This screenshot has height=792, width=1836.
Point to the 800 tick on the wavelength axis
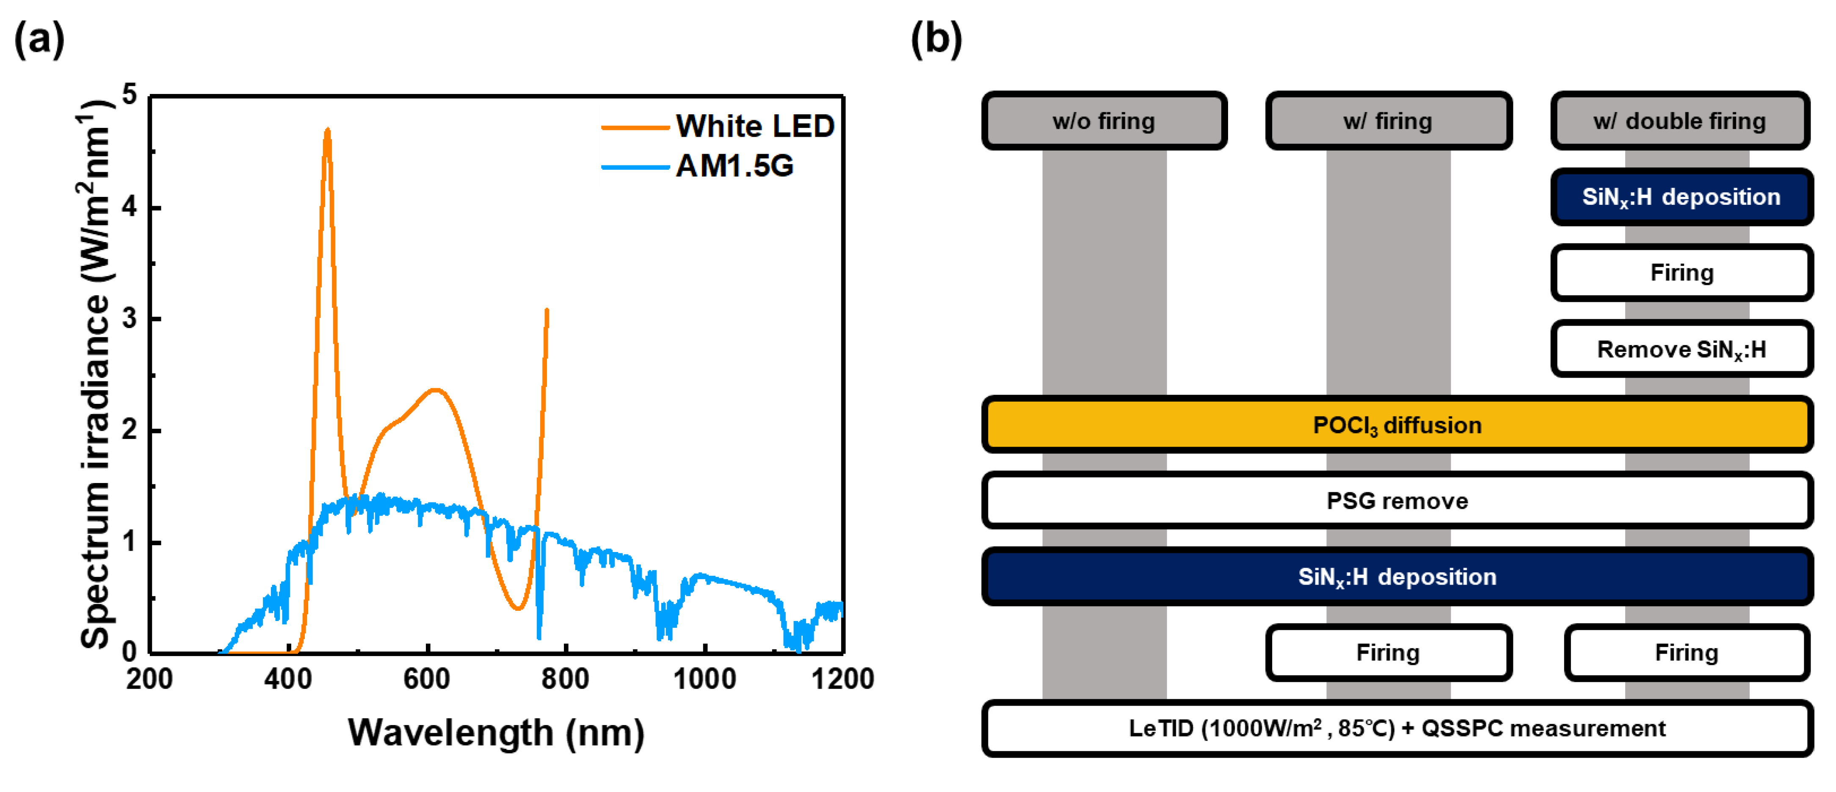(565, 678)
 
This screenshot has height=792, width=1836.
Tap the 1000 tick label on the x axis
(704, 678)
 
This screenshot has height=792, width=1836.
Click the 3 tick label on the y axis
(129, 319)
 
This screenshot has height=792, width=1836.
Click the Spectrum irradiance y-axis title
(96, 374)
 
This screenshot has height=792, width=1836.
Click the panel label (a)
(39, 39)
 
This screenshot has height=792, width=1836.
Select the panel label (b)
(936, 39)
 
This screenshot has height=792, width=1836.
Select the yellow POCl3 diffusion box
(1397, 425)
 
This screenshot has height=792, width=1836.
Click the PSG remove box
(1397, 500)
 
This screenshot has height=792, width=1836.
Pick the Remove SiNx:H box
(1681, 349)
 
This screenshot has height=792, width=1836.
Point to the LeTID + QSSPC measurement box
(1397, 729)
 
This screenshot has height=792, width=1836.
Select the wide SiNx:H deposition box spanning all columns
(1397, 577)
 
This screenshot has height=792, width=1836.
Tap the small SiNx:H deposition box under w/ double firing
(1681, 197)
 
